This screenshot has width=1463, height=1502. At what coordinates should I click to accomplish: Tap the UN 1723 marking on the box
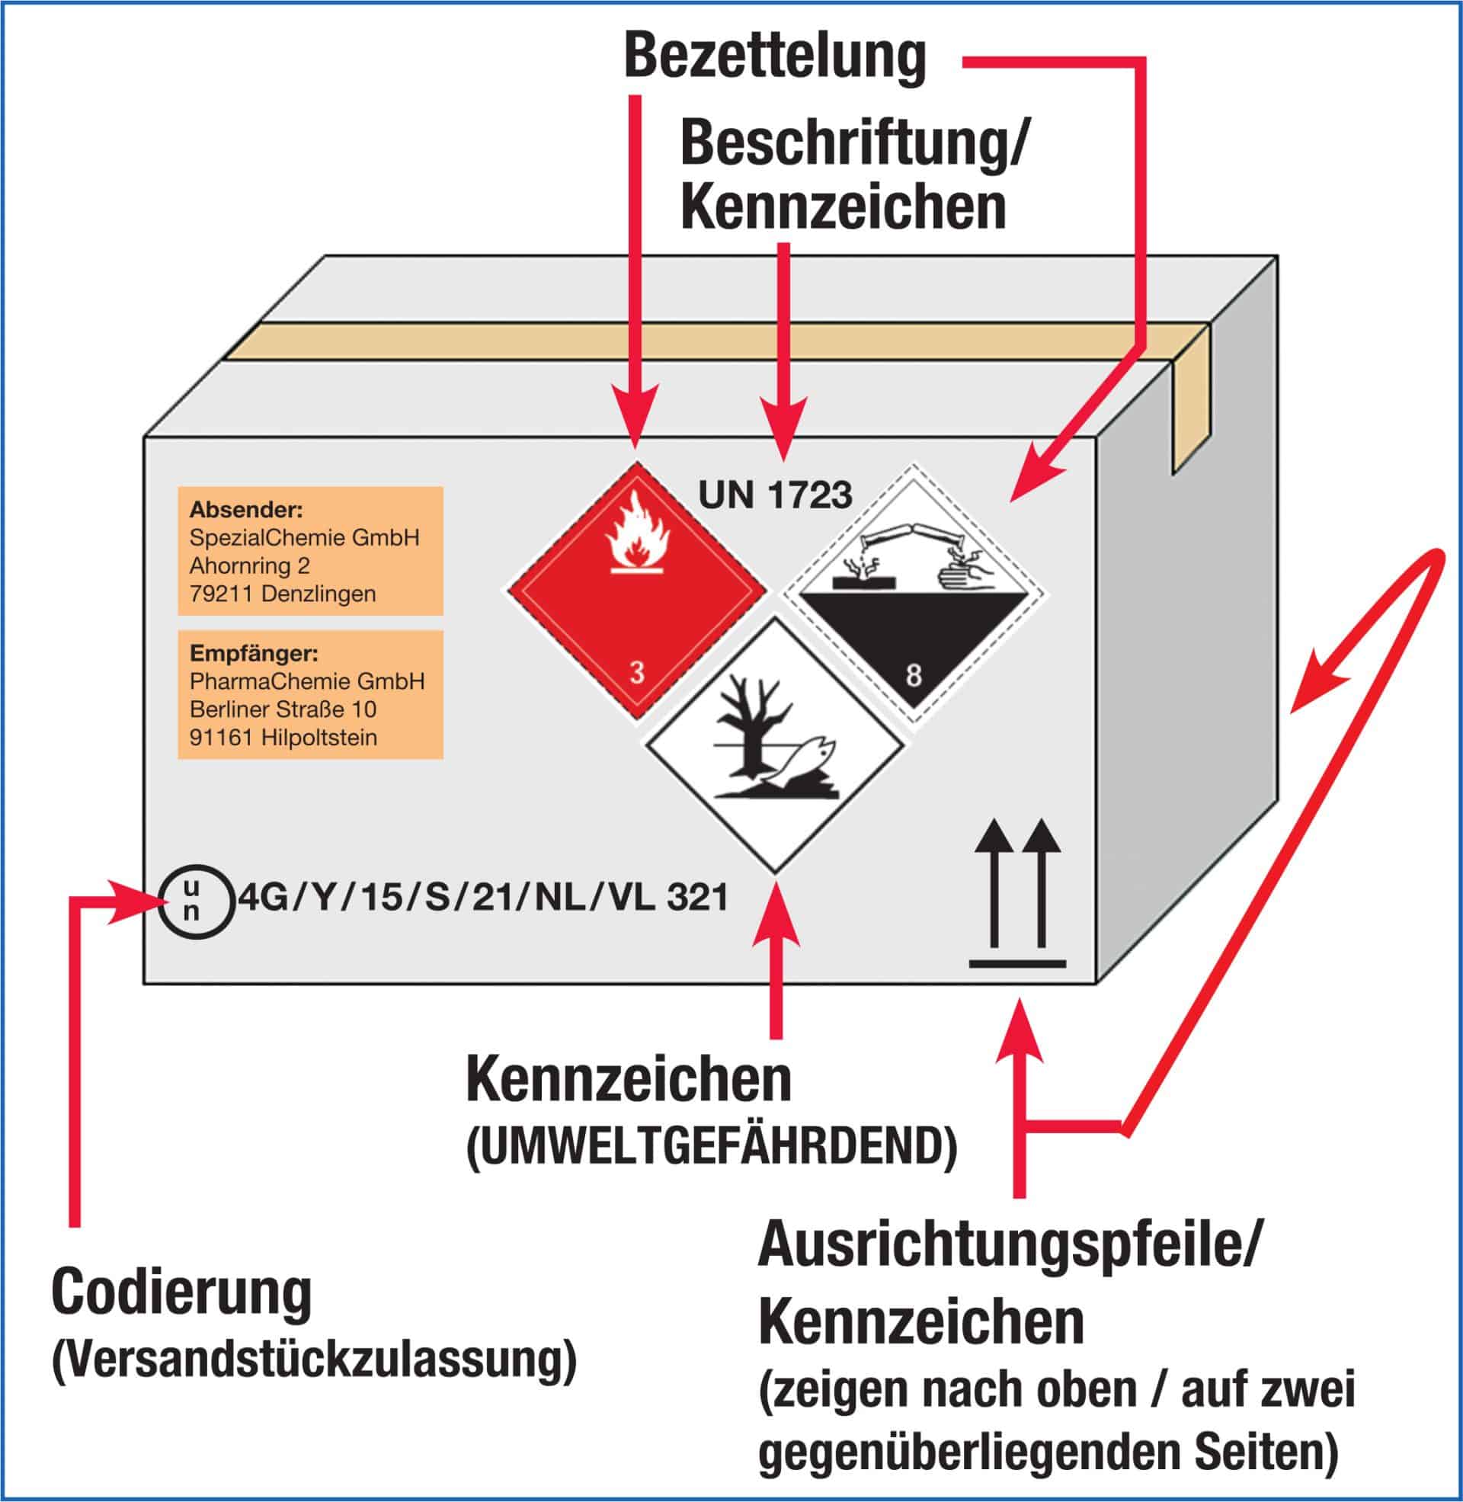774,495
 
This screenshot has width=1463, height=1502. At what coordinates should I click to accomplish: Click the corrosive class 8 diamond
914,592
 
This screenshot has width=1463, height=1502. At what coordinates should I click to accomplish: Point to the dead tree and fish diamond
774,745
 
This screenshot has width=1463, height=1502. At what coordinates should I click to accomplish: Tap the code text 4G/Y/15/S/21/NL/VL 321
483,898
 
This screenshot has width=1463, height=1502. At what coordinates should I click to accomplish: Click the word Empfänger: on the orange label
254,654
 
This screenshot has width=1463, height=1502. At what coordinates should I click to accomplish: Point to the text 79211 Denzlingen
282,594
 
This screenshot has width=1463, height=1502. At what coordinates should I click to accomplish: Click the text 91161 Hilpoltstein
283,738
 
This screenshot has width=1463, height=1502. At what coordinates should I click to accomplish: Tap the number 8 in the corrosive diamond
913,677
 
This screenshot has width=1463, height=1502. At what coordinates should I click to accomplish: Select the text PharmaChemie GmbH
306,681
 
